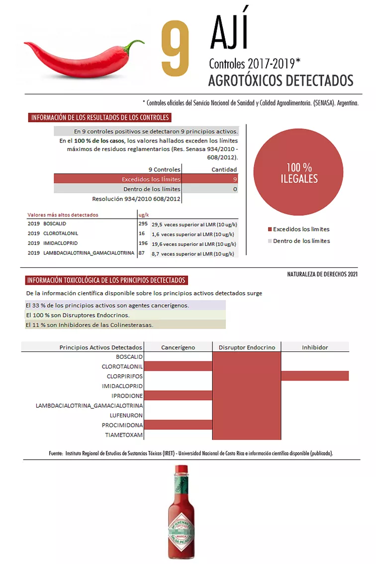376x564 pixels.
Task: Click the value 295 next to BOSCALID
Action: tap(143, 224)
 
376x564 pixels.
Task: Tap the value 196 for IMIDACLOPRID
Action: tap(143, 243)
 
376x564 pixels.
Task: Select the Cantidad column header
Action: tap(224, 169)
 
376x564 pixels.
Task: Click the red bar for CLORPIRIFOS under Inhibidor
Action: tap(315, 376)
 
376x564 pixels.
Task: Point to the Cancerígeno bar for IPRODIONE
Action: tap(178, 396)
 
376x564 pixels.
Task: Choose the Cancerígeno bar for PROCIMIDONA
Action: tap(178, 425)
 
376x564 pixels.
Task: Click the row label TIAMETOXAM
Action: tap(124, 435)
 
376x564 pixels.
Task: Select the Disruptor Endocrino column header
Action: tap(247, 347)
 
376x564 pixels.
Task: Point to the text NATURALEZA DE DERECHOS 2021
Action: tap(322, 274)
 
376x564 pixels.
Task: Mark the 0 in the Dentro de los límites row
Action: tap(235, 189)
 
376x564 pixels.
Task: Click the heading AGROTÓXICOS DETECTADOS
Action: tap(281, 81)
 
